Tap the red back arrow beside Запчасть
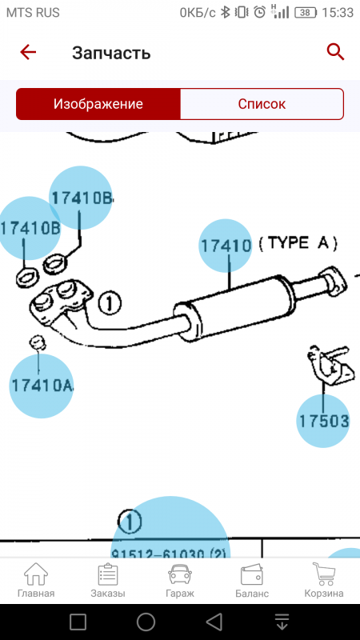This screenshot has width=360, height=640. [x=28, y=53]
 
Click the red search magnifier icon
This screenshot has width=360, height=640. [x=335, y=52]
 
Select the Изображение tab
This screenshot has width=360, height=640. [x=98, y=104]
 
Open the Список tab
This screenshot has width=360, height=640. [x=262, y=104]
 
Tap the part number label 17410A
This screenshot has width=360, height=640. [x=42, y=386]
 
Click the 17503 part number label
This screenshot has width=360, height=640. [x=323, y=420]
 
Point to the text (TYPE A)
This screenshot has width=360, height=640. [x=298, y=243]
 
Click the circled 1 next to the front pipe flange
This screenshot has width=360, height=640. [x=110, y=303]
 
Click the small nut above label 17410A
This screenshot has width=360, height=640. [x=37, y=342]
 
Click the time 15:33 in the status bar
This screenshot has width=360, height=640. [x=338, y=13]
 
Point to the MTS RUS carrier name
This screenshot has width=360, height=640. [x=34, y=13]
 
